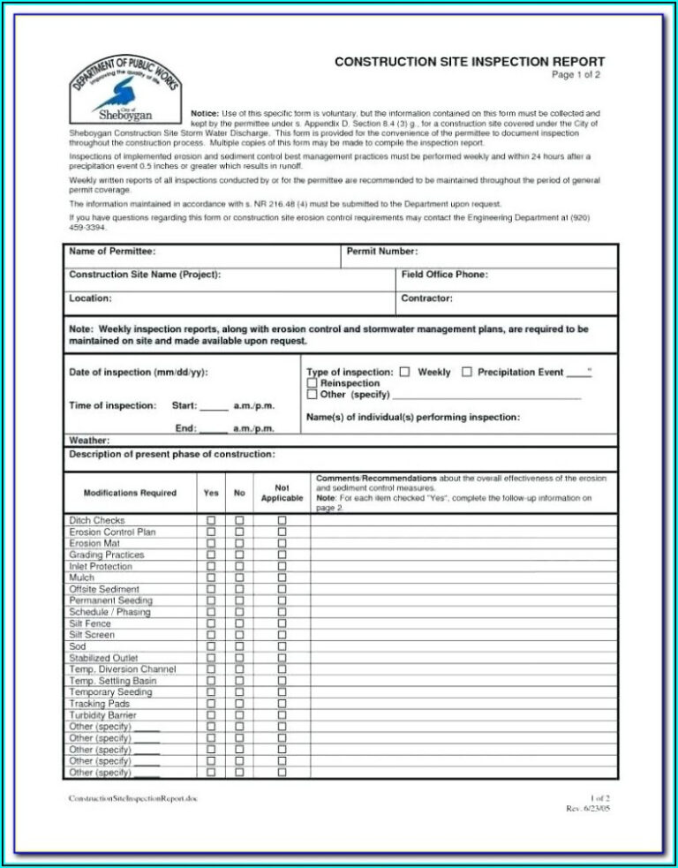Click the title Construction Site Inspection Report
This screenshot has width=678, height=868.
pos(469,61)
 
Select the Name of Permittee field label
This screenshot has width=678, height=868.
pos(112,252)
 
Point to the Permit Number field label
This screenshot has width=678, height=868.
pos(381,252)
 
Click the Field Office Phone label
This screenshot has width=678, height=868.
pos(444,275)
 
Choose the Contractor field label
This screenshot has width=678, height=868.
pos(426,298)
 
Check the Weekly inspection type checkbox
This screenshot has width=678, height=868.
pos(404,373)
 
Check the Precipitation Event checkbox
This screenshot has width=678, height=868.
pos(467,373)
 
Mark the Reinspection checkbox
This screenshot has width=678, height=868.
pos(312,384)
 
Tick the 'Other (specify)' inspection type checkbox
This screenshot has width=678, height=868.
pos(312,396)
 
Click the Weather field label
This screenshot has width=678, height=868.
pos(89,440)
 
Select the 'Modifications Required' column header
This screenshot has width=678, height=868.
pos(130,493)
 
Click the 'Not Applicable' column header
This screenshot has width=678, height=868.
pos(282,493)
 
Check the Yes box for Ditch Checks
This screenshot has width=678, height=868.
pos(211,521)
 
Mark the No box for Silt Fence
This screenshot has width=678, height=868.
pos(239,623)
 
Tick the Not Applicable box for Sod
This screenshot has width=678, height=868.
pos(282,646)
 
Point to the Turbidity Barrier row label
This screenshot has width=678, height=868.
pos(102,715)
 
